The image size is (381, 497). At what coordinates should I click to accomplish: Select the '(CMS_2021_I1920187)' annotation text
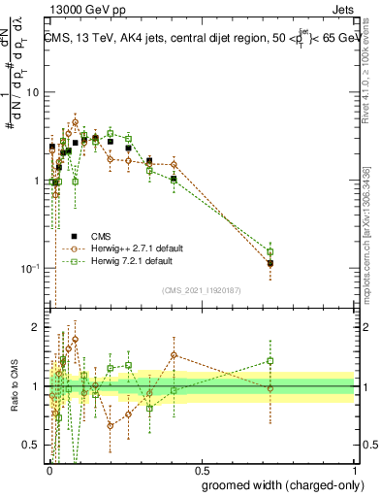click(x=201, y=290)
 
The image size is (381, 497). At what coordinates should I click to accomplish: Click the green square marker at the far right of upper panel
click(x=270, y=252)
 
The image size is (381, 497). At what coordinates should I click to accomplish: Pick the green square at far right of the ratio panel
click(x=270, y=361)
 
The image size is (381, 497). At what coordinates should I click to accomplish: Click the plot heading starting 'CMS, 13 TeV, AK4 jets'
click(x=201, y=39)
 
